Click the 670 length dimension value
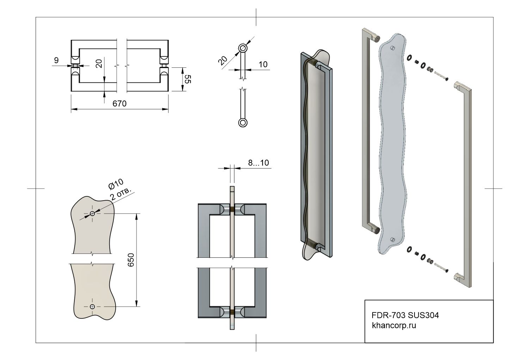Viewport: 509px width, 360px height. pyautogui.click(x=119, y=104)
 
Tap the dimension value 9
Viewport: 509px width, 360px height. pyautogui.click(x=56, y=60)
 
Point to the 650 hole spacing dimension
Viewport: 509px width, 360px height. pyautogui.click(x=131, y=260)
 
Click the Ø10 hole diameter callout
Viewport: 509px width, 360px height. pyautogui.click(x=116, y=184)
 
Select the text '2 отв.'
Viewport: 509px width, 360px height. pyautogui.click(x=121, y=194)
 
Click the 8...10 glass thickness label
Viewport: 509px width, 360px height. pyautogui.click(x=258, y=163)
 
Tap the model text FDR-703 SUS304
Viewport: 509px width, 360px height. pyautogui.click(x=405, y=315)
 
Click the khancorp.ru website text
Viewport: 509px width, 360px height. pyautogui.click(x=394, y=325)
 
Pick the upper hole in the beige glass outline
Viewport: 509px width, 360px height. pyautogui.click(x=92, y=213)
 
